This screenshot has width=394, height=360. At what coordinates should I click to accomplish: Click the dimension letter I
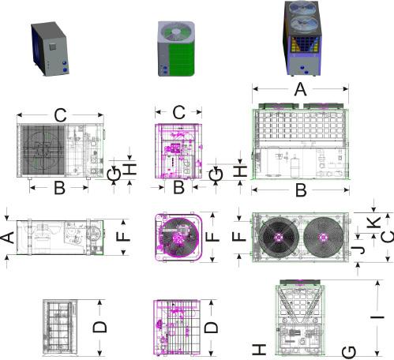click(377, 317)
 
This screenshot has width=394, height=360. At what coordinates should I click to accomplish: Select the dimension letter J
click(359, 249)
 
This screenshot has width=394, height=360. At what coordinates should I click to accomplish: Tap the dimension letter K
click(374, 223)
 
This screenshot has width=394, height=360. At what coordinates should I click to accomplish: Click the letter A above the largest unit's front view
click(300, 89)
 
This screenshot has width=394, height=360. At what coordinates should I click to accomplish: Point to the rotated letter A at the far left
click(7, 238)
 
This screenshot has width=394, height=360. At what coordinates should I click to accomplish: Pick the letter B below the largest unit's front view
click(301, 190)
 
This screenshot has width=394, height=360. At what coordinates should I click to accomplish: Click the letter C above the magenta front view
click(178, 112)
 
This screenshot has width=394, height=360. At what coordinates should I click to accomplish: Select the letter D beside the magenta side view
click(211, 328)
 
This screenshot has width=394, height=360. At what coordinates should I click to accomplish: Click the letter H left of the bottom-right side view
click(259, 349)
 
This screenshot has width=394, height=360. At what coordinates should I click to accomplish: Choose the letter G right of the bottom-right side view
click(349, 352)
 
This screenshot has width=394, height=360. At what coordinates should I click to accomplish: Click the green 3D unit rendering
click(176, 49)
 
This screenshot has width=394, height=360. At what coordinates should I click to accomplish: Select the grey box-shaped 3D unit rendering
click(50, 49)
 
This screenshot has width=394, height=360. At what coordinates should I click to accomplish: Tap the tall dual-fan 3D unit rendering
click(302, 39)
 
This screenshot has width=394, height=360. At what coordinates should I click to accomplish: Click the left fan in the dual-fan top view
click(279, 238)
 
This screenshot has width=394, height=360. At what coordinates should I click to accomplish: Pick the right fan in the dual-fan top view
click(323, 238)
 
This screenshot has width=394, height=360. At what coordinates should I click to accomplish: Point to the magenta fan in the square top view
click(180, 237)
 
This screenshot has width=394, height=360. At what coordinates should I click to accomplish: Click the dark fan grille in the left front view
click(43, 150)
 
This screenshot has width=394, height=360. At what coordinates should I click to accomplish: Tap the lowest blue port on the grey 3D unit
click(65, 70)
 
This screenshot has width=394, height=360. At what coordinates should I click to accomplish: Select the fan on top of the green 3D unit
click(177, 32)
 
